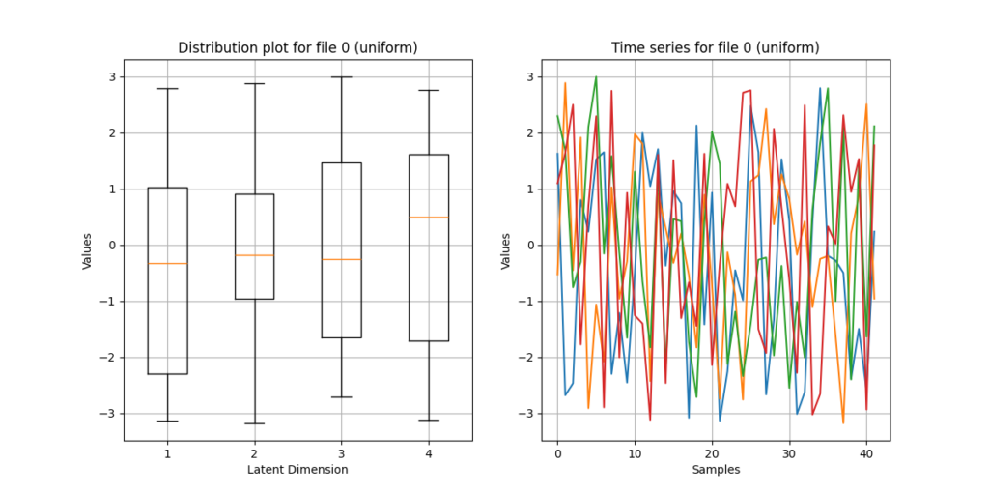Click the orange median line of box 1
pos(167,263)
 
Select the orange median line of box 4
pos(429,217)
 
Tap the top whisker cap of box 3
pos(342,76)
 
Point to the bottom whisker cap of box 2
pos(254,423)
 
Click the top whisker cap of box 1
pos(167,88)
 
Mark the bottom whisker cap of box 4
pos(429,420)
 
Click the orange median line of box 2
pos(254,255)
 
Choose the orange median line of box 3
pos(342,259)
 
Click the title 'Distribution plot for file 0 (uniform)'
pos(298,48)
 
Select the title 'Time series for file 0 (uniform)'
pos(716,48)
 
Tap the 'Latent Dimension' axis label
pos(297,470)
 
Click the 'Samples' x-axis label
pos(716,470)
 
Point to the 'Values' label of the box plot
pos(87,250)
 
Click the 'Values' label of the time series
pos(505,250)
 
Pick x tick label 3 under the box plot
pos(342,452)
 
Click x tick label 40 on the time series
pos(866,452)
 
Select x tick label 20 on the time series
pos(712,452)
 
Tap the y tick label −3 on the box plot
pos(109,414)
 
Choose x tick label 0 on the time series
pos(557,452)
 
